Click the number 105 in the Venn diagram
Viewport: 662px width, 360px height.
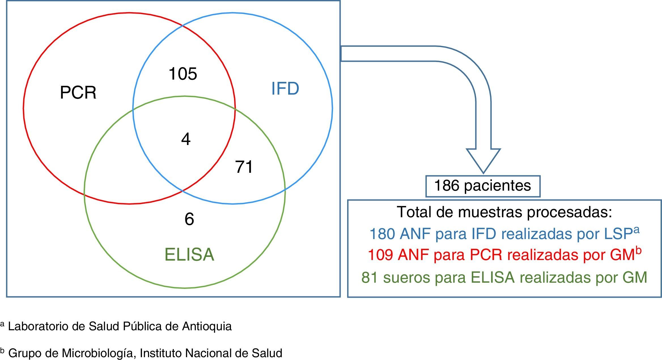click(183, 74)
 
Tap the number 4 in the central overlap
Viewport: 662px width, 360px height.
click(186, 140)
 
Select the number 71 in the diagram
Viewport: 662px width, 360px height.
click(244, 167)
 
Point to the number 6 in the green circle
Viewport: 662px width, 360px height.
click(189, 219)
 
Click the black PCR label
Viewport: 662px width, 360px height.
click(78, 93)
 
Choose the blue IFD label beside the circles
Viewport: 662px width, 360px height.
click(285, 89)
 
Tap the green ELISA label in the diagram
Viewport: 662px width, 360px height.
click(189, 255)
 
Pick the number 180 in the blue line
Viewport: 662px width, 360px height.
click(382, 234)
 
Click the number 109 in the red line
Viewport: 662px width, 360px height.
click(380, 255)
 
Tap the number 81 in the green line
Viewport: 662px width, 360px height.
click(370, 278)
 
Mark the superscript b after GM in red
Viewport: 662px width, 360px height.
click(638, 251)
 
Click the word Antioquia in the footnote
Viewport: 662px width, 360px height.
click(207, 327)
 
